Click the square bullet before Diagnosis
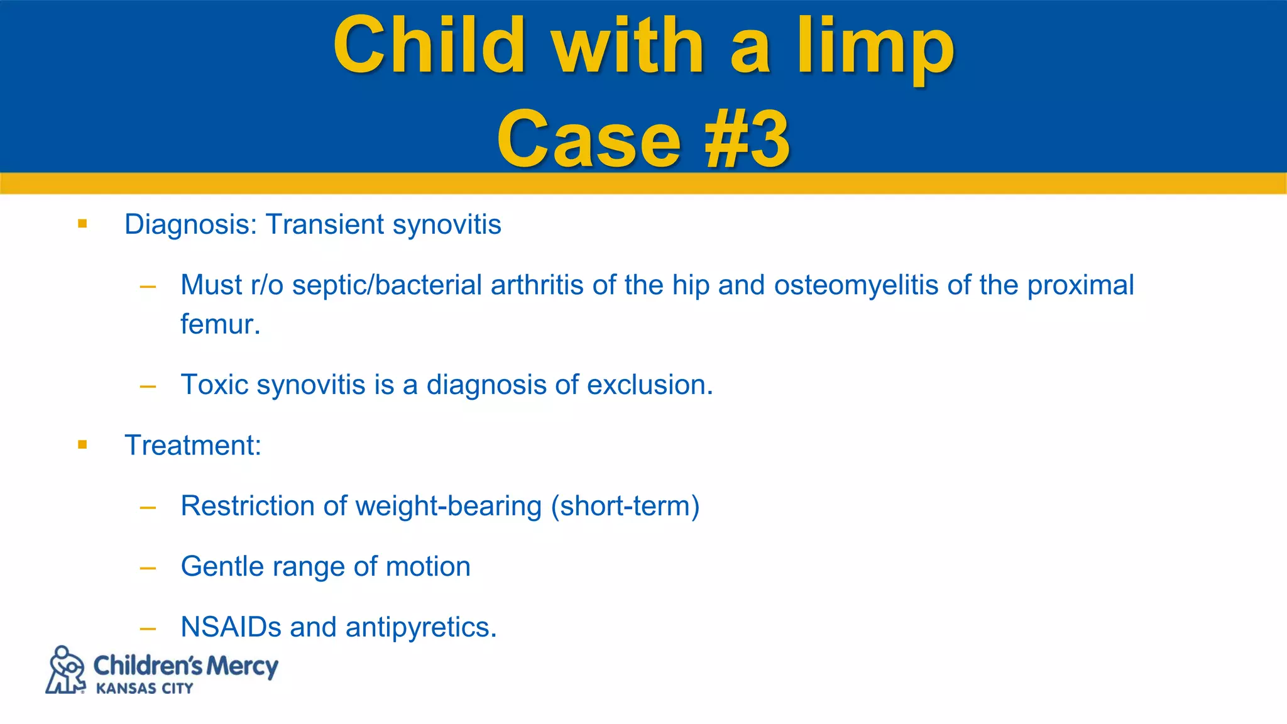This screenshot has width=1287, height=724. pyautogui.click(x=82, y=224)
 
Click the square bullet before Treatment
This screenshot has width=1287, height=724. pyautogui.click(x=82, y=445)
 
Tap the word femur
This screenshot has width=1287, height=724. pyautogui.click(x=219, y=325)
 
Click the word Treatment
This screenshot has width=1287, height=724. pyautogui.click(x=192, y=446)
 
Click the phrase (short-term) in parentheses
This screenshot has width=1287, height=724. pyautogui.click(x=625, y=506)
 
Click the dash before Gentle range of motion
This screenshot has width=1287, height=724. pyautogui.click(x=148, y=568)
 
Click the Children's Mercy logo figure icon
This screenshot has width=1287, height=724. pyautogui.click(x=65, y=670)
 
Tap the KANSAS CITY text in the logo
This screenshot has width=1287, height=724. pyautogui.click(x=145, y=689)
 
